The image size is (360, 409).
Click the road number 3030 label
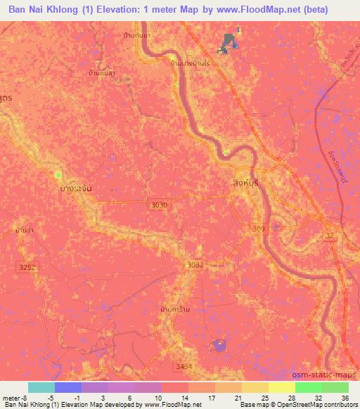pos(160,204)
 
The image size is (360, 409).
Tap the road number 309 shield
pos(259,229)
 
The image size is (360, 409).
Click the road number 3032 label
pos(195,264)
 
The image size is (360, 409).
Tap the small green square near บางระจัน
pos(58,174)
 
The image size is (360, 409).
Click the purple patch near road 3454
pos(220,345)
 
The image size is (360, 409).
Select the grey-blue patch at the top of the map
pos(227,42)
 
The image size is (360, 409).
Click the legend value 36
pos(344,398)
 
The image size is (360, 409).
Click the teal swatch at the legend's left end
pos(41,387)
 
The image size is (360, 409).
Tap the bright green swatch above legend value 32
pos(308,387)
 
